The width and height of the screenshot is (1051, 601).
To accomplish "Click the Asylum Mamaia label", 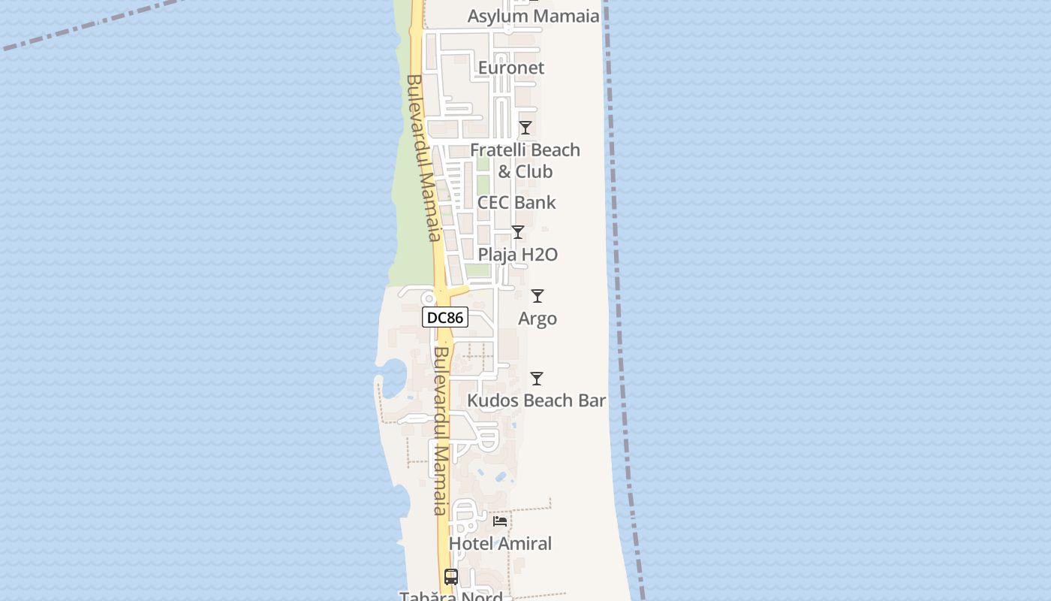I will pos(533,16).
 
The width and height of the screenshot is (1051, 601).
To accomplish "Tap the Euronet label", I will pos(510,68).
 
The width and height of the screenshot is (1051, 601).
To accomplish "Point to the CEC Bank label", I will pos(516,202).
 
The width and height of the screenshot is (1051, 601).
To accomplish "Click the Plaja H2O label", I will pos(517,255).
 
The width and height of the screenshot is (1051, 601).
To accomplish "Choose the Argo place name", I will pos(538,319).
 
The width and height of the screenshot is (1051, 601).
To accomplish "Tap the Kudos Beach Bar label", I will pos(536,400).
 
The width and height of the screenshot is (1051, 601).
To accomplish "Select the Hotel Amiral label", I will pos(500,543).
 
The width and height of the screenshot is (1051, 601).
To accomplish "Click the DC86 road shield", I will pos(445,318).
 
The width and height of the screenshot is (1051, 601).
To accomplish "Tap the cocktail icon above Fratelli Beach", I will pos(525,128).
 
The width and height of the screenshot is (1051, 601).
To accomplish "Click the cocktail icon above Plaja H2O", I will pos(517,232).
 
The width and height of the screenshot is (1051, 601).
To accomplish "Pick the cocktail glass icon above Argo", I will pos(538,296).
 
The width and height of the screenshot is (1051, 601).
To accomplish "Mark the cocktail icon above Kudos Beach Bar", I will pos(537,379).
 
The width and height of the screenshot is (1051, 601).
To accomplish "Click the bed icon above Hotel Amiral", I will pos(500,521).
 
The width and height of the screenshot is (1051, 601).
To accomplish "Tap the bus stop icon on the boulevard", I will pos(450,577).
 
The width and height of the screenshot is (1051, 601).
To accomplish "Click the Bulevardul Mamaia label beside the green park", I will pos(422,158).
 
